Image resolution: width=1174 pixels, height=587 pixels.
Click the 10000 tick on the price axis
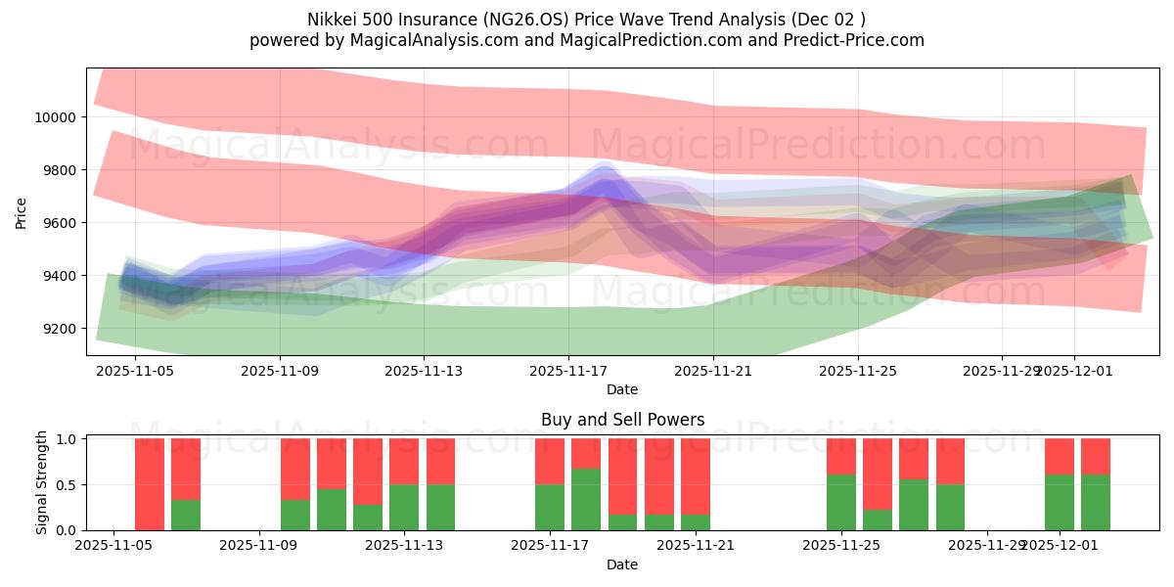[x=62, y=117]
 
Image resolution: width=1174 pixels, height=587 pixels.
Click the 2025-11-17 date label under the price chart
[x=568, y=372]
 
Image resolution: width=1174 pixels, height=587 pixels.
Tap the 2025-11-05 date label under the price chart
[x=134, y=372]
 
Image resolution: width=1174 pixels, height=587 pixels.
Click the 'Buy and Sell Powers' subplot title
[x=622, y=420]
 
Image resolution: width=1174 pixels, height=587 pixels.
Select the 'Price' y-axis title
[x=22, y=212]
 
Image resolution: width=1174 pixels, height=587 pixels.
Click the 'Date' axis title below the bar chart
[x=622, y=564]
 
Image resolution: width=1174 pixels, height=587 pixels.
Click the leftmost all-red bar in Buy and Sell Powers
[x=150, y=484]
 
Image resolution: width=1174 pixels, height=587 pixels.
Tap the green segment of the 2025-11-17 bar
[x=550, y=508]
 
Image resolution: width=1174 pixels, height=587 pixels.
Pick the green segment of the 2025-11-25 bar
[x=841, y=503]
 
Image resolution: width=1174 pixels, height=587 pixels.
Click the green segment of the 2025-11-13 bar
[x=404, y=508]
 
